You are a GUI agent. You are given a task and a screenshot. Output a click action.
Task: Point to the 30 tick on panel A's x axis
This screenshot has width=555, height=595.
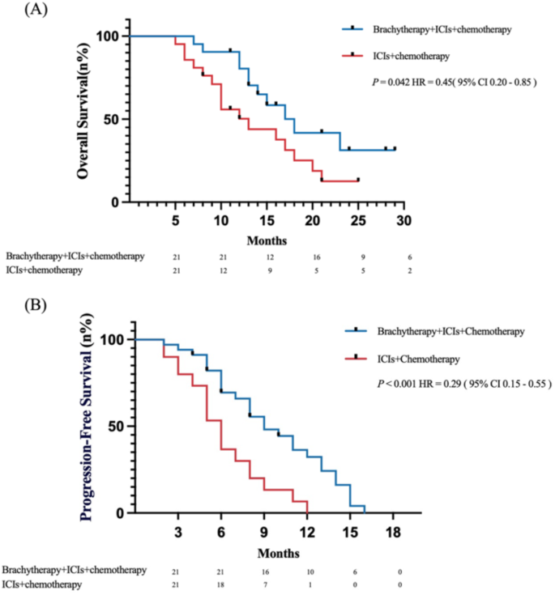[x=404, y=219]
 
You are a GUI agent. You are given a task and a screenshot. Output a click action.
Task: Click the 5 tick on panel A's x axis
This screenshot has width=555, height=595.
[x=176, y=219]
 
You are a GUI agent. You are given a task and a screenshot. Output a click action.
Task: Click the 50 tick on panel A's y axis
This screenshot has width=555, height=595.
[x=113, y=119]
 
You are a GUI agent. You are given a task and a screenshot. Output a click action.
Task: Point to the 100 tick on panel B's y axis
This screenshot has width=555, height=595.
[x=117, y=340]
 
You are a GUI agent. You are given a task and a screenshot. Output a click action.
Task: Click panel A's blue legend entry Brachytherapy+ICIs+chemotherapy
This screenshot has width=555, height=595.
[x=441, y=30]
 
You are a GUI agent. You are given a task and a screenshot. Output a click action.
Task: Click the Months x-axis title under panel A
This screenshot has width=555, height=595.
[x=267, y=240]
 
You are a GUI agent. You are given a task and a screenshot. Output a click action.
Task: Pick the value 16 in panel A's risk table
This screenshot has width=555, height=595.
[x=317, y=257]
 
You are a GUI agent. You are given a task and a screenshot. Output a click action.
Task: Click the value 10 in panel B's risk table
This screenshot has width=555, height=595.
[x=310, y=571]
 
